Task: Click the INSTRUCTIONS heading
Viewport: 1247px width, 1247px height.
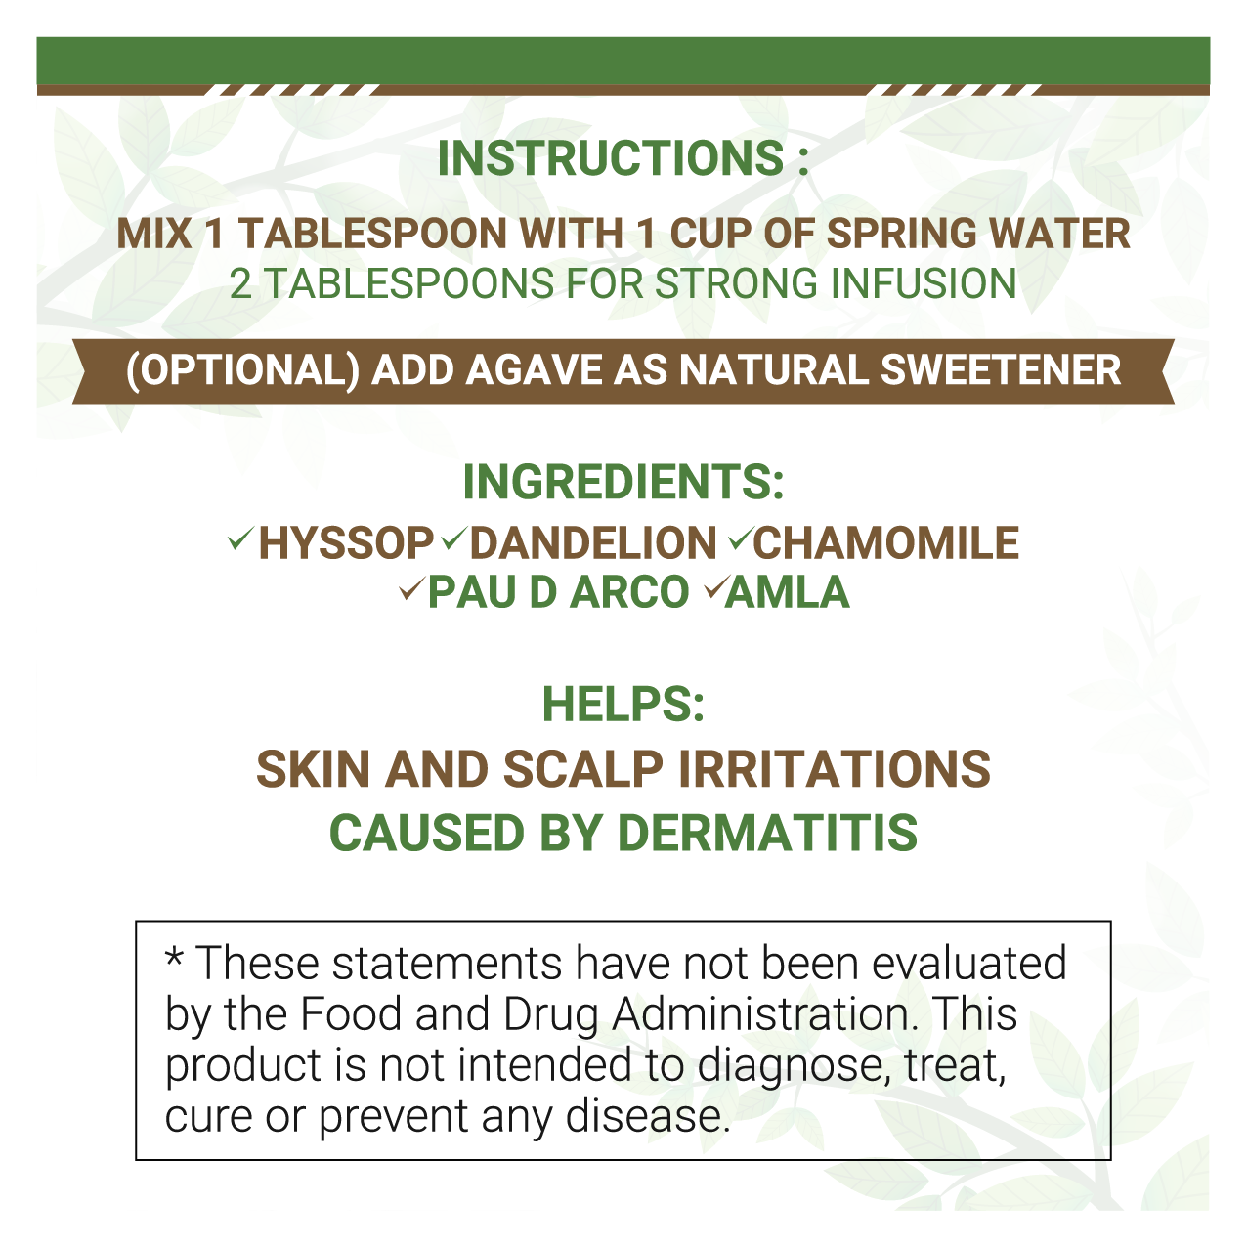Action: (x=623, y=158)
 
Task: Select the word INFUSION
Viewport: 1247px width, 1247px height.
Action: (x=924, y=283)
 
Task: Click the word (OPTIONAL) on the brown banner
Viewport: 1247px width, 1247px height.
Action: (x=242, y=370)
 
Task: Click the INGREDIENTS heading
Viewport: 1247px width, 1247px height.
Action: (x=623, y=482)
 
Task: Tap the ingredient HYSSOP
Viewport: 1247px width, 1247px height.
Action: (x=346, y=543)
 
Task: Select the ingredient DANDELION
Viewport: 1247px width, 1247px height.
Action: (x=593, y=543)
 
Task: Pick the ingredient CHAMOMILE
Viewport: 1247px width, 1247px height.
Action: (x=886, y=543)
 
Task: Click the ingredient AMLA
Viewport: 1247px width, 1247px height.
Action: (x=787, y=592)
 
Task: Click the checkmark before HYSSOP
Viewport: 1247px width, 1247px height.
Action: (x=240, y=538)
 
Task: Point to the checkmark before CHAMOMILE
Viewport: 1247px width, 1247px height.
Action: (x=741, y=538)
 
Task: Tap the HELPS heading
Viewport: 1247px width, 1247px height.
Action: (x=623, y=704)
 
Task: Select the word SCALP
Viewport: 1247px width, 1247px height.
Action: (x=583, y=769)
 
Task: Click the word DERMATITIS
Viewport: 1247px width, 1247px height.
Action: (x=767, y=833)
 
